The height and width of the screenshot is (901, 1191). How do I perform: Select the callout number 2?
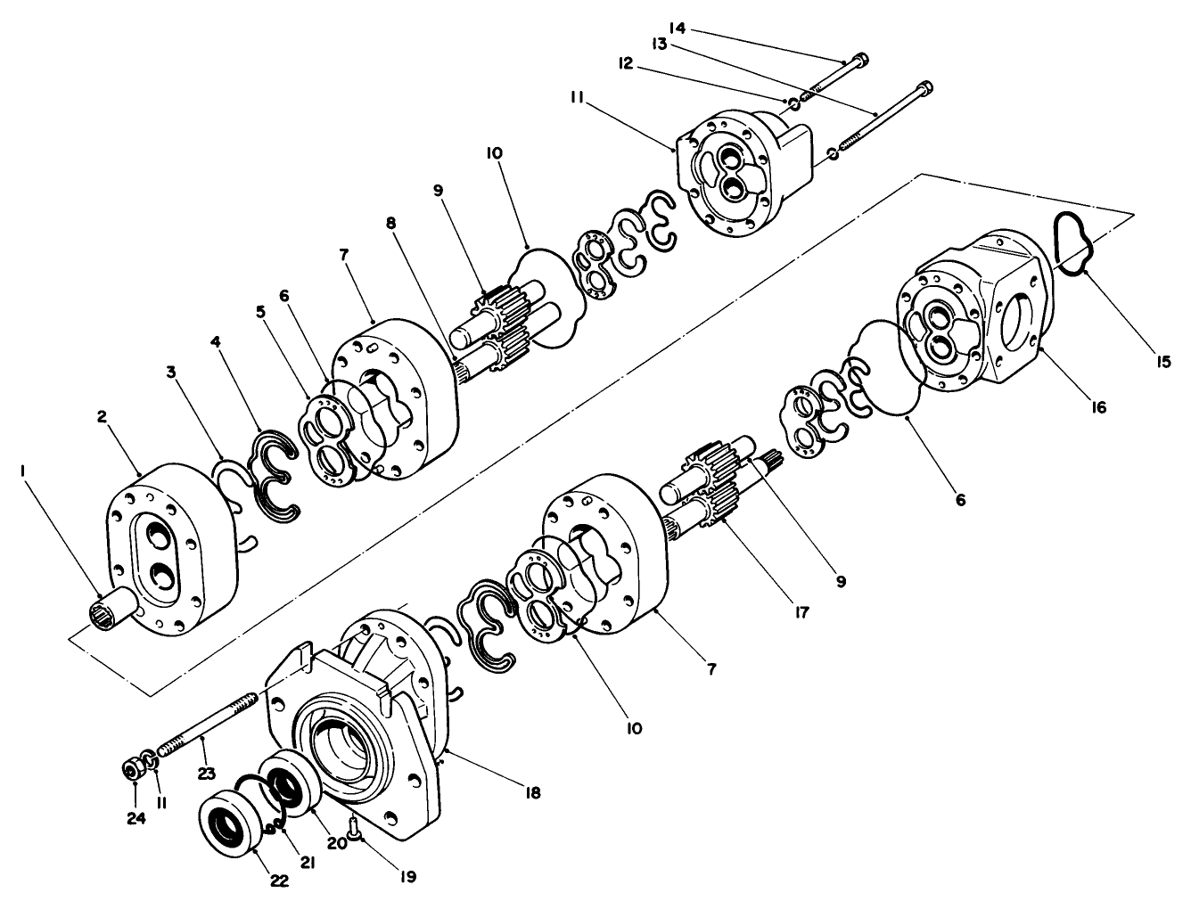pos(103,417)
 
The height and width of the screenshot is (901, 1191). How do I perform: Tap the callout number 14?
pos(678,29)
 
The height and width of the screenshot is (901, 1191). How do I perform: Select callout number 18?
pos(532,791)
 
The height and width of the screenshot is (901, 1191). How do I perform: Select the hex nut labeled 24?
pos(133,769)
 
